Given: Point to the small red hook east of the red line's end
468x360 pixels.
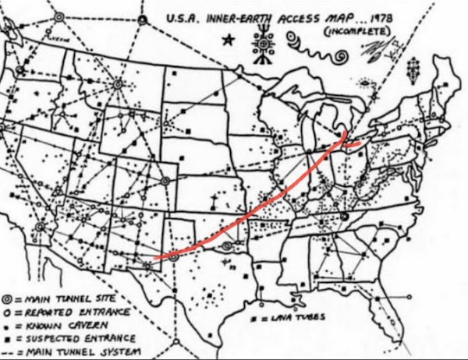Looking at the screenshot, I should click(356, 143).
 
